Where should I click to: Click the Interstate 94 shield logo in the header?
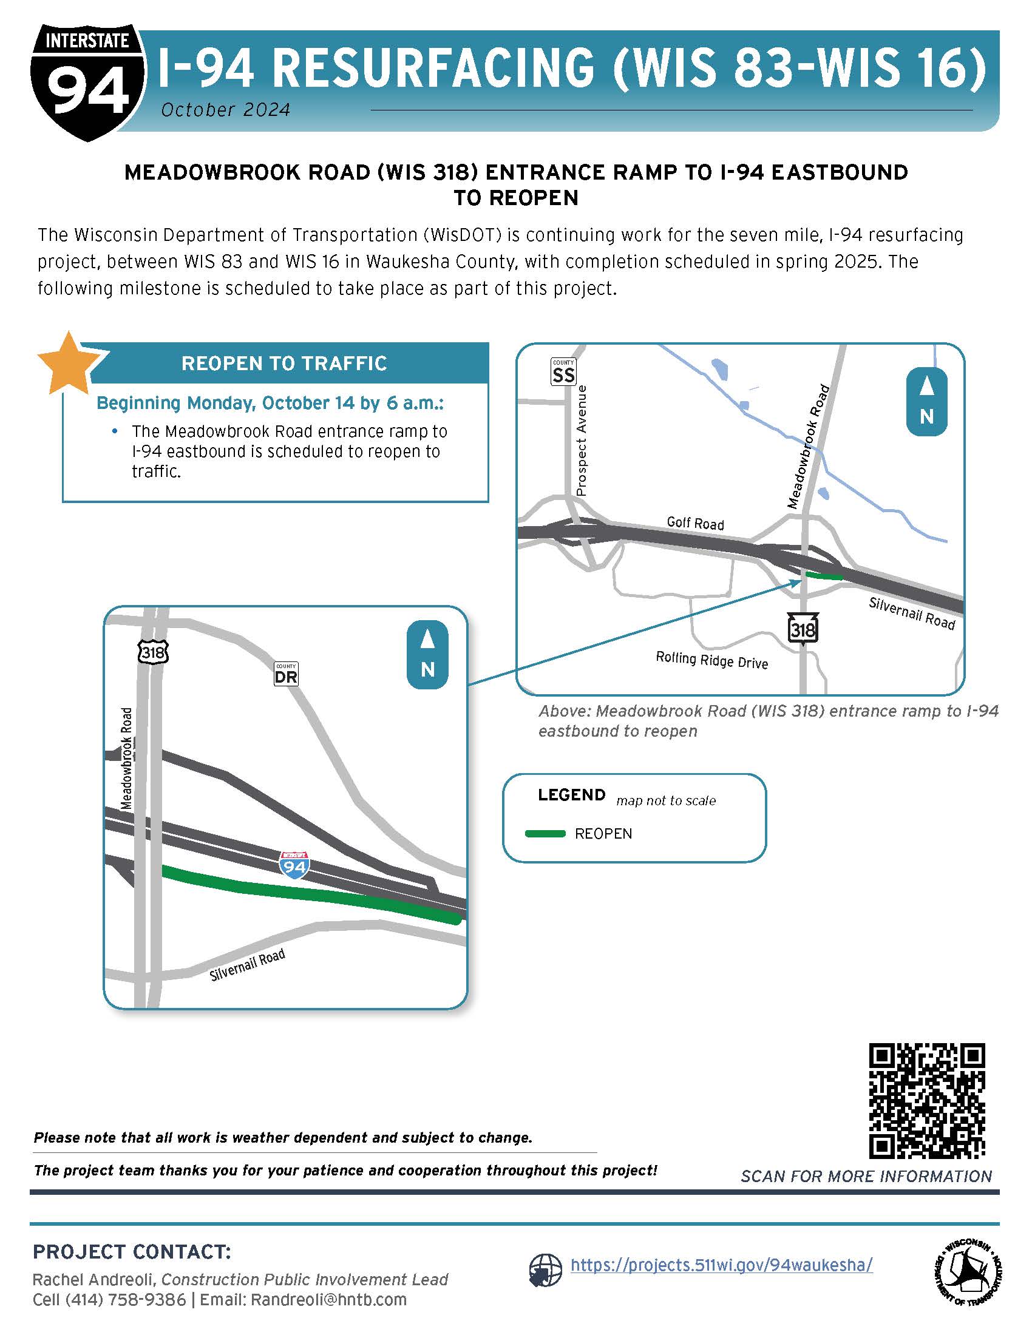[87, 83]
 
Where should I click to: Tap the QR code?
[927, 1101]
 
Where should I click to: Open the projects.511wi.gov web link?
[721, 1265]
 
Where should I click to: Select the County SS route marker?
[563, 372]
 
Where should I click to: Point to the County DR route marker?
[285, 674]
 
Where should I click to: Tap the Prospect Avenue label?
[582, 441]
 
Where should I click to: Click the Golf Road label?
[695, 523]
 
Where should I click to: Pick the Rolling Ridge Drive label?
[711, 660]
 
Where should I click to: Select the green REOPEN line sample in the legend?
[545, 834]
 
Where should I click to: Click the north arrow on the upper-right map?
[926, 402]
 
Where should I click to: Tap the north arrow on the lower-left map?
[427, 655]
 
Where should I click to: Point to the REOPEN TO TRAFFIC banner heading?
[284, 363]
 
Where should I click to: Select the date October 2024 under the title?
[226, 110]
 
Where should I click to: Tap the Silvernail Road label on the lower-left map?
[247, 965]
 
